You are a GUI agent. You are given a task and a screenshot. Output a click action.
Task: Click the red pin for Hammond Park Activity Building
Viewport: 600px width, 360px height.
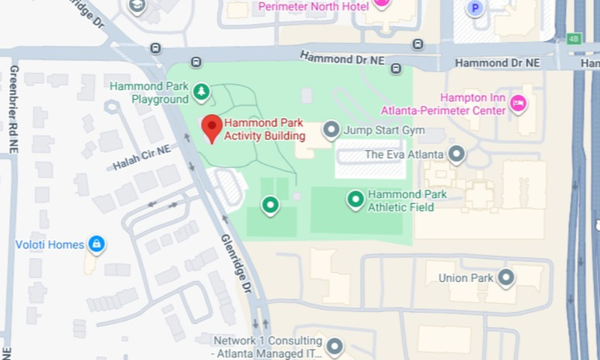pyautogui.click(x=211, y=128)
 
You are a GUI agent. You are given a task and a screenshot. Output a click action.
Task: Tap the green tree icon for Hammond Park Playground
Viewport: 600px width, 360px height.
pyautogui.click(x=201, y=92)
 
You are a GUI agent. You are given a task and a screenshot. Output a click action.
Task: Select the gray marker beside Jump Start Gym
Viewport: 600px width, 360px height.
pyautogui.click(x=331, y=131)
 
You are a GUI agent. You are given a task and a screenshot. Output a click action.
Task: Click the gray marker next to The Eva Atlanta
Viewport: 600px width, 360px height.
pyautogui.click(x=456, y=155)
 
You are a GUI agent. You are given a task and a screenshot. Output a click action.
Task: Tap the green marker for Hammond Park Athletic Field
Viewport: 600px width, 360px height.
pyautogui.click(x=355, y=199)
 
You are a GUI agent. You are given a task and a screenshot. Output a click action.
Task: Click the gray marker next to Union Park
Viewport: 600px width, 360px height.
pyautogui.click(x=506, y=278)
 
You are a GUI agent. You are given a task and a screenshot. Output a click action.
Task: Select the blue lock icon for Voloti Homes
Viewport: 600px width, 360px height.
pyautogui.click(x=96, y=244)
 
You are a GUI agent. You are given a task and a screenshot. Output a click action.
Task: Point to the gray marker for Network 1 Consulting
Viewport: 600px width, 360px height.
pyautogui.click(x=334, y=346)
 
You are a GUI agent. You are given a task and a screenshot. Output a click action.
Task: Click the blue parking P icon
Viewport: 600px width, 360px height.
pyautogui.click(x=474, y=8)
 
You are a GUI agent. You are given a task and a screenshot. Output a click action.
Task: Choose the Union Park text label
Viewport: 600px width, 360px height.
pyautogui.click(x=465, y=278)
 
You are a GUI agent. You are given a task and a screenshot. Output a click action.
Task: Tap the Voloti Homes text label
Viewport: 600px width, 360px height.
pyautogui.click(x=50, y=244)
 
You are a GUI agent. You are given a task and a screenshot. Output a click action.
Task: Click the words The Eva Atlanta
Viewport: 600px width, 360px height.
pyautogui.click(x=404, y=155)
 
